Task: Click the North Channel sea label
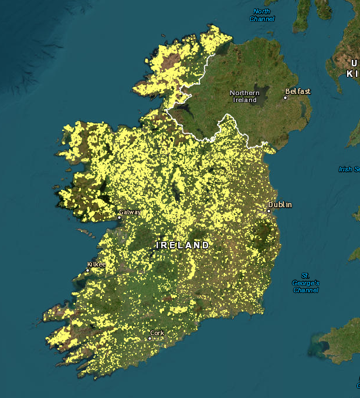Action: point(261,15)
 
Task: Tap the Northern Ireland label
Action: point(244,96)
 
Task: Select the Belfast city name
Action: point(298,92)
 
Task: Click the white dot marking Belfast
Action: point(286,97)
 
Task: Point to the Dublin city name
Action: point(280,205)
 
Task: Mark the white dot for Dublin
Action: point(269,211)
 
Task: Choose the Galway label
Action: point(130,212)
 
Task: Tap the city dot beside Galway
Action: point(119,217)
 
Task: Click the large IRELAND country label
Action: point(182,245)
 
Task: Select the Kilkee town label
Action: point(96,264)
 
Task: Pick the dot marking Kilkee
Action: point(87,271)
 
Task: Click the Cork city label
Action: point(157,333)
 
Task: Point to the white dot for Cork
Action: point(150,338)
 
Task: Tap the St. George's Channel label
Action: point(305,282)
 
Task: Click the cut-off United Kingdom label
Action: point(353,68)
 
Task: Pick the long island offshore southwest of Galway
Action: point(86,234)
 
